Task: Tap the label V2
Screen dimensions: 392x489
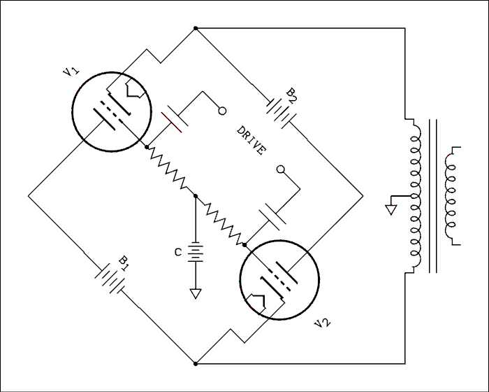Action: (x=322, y=323)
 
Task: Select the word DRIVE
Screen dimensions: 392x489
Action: (x=251, y=141)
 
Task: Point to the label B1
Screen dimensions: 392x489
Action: (x=124, y=262)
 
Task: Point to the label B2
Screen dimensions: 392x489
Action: (x=291, y=94)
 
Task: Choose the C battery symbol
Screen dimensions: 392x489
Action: (x=196, y=252)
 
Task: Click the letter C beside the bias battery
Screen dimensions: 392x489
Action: (x=179, y=251)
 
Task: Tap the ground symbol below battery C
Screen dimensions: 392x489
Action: (x=196, y=292)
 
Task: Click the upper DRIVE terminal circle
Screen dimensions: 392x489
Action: (x=223, y=111)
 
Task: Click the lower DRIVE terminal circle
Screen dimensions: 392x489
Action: (x=281, y=169)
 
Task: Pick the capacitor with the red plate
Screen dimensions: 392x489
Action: (x=175, y=120)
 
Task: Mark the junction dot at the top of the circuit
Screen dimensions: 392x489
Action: (x=196, y=28)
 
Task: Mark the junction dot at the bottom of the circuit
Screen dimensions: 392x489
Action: (x=196, y=364)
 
